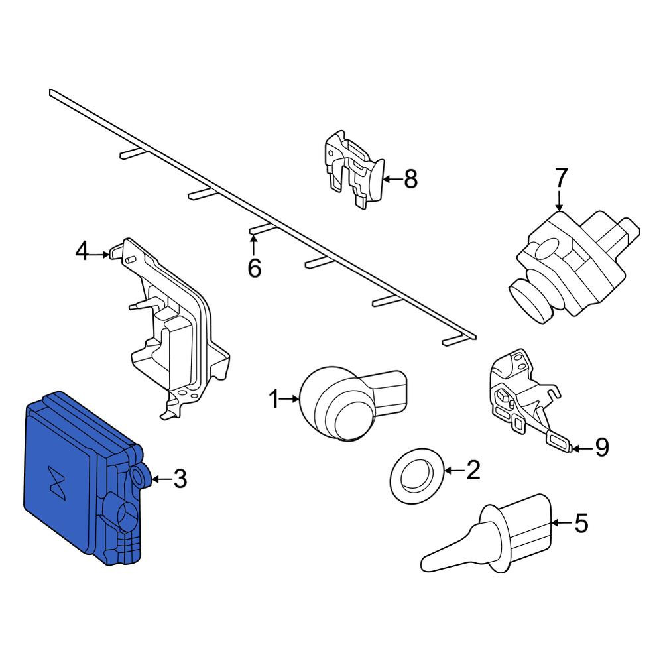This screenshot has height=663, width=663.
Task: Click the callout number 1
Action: [x=274, y=399]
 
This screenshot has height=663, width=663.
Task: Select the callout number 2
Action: [x=473, y=470]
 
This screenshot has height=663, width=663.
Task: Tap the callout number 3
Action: [x=180, y=479]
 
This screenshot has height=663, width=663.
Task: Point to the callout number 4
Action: [x=82, y=251]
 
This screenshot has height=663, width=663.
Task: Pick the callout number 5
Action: [x=581, y=523]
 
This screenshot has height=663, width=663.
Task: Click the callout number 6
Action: [x=254, y=268]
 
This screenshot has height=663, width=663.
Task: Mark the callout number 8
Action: [x=410, y=179]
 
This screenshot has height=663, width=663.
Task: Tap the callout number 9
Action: [x=602, y=447]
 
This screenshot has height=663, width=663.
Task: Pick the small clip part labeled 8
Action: [x=354, y=169]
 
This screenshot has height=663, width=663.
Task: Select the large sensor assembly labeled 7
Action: [x=573, y=267]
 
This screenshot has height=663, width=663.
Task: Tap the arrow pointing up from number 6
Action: [x=254, y=245]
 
